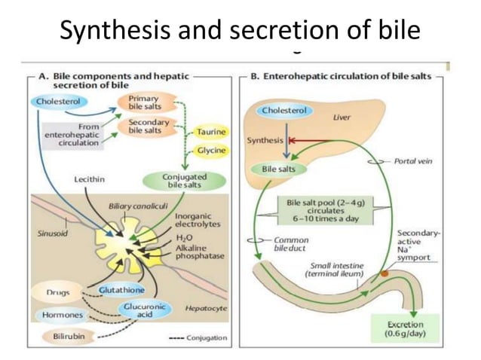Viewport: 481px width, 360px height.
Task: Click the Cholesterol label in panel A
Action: point(58,101)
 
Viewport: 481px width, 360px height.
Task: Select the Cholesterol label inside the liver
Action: point(286,111)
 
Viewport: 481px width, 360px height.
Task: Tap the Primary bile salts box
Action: point(143,102)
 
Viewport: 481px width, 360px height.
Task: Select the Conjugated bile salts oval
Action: point(185,181)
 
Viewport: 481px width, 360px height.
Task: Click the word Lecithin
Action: point(90,179)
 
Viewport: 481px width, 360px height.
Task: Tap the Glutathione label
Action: point(121,290)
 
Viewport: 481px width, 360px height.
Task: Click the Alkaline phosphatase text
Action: point(198,251)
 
